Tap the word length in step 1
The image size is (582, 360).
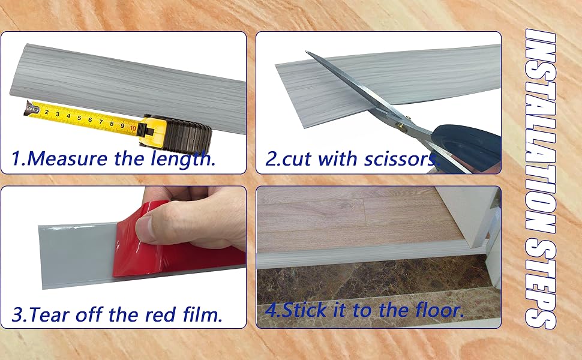pyautogui.click(x=186, y=159)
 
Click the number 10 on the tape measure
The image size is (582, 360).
pyautogui.click(x=133, y=127)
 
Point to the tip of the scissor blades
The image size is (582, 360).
pyautogui.click(x=308, y=54)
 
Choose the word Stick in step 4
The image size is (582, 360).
pyautogui.click(x=307, y=311)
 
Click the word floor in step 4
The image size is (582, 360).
pyautogui.click(x=436, y=311)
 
